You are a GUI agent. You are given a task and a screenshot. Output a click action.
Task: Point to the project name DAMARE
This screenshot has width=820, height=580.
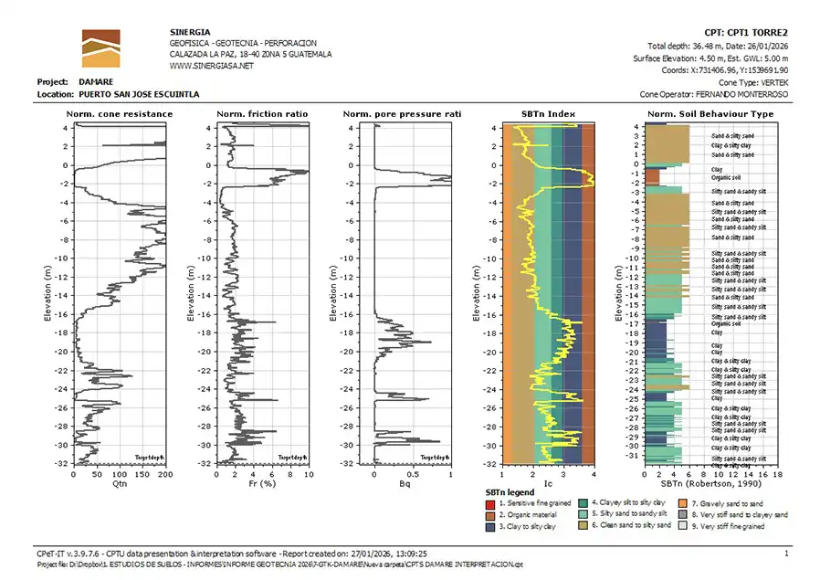point(97,81)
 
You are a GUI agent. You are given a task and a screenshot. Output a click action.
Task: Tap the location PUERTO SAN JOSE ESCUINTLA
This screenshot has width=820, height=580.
point(139,94)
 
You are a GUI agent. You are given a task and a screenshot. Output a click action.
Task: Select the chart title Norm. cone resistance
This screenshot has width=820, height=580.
point(119,114)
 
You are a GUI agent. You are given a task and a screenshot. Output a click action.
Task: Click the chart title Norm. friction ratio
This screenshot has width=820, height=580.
point(262,114)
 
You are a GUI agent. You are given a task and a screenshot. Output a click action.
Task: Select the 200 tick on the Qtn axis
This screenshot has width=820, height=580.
point(165,474)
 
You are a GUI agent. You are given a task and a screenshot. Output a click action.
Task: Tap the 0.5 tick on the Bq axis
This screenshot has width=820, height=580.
point(413,474)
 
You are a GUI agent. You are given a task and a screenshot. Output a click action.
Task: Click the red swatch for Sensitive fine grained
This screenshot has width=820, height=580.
point(490,502)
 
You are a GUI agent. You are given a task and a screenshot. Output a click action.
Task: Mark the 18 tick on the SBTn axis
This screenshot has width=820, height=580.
point(778,474)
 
